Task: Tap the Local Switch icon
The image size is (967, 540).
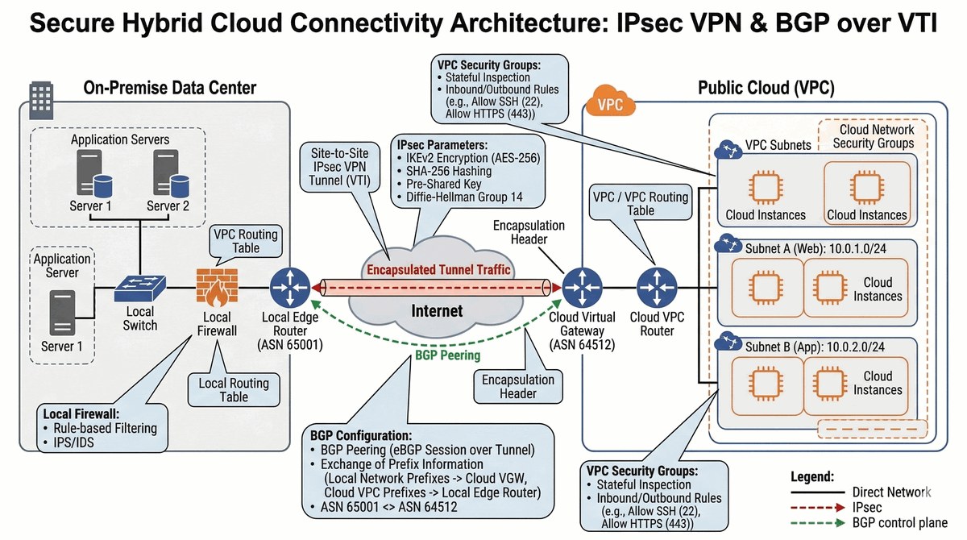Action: click(x=140, y=287)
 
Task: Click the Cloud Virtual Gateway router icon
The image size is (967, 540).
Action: click(x=579, y=287)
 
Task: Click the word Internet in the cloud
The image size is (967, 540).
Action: click(x=438, y=310)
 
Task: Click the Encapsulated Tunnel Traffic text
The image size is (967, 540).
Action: click(x=438, y=269)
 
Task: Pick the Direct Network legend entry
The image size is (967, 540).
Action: click(x=890, y=492)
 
